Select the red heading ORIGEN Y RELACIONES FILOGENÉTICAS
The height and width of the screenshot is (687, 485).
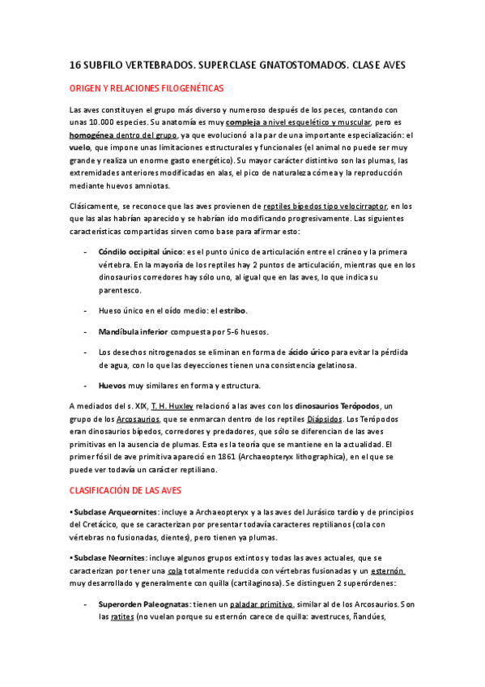pos(146,87)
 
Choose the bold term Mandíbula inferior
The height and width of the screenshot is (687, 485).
pos(134,331)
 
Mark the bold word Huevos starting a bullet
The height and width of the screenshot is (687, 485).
pos(112,385)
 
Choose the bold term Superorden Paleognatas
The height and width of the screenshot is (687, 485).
pos(145,604)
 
